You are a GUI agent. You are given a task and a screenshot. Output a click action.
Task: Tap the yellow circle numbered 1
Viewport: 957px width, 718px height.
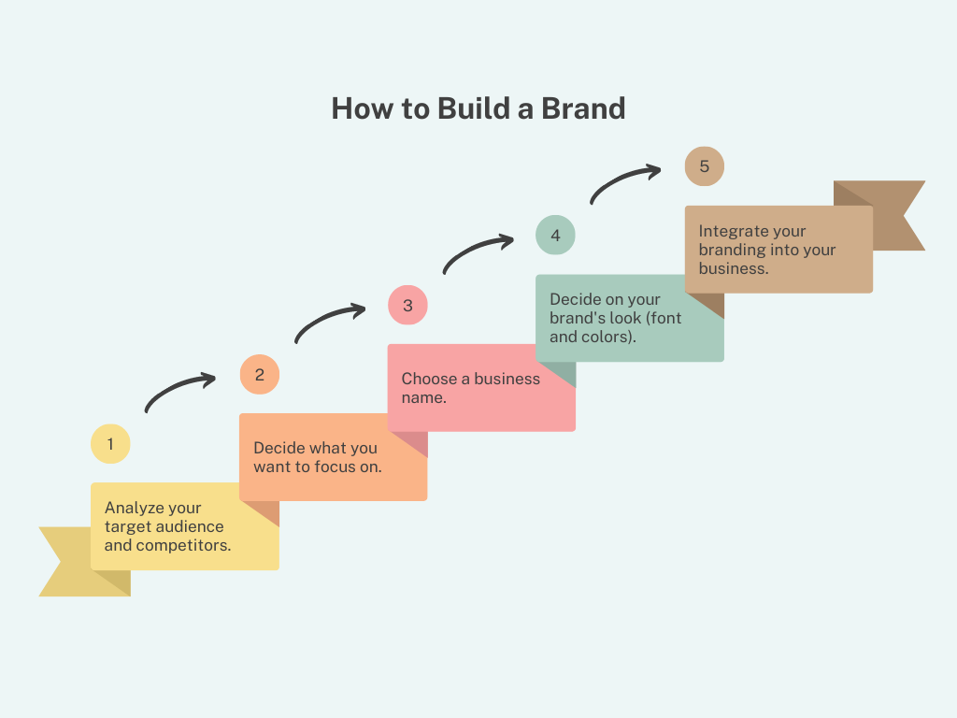[x=110, y=444]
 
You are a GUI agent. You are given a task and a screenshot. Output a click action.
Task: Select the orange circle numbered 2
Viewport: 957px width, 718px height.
[x=259, y=375]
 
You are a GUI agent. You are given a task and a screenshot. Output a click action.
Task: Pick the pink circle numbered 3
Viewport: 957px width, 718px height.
[x=407, y=306]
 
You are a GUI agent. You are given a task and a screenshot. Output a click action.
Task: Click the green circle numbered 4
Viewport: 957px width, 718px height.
[x=555, y=235]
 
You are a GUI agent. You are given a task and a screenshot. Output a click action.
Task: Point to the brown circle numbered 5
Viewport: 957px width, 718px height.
[x=704, y=166]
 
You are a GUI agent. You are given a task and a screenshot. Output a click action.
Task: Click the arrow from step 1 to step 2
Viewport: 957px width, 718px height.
[x=179, y=392]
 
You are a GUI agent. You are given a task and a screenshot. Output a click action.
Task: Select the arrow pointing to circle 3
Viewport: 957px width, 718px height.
[x=329, y=322]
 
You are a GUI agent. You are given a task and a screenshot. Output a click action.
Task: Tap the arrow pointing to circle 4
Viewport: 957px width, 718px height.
[x=478, y=251]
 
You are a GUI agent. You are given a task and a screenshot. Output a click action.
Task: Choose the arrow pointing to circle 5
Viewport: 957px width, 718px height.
[x=625, y=182]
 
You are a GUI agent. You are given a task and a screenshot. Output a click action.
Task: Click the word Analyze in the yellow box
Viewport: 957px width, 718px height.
[x=134, y=508]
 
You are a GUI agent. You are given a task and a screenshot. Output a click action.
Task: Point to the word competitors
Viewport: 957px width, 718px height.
[x=183, y=545]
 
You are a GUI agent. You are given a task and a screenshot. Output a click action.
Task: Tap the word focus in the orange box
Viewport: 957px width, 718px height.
[x=334, y=467]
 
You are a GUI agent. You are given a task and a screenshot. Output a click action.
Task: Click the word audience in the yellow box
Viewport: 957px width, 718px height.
[x=190, y=526]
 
